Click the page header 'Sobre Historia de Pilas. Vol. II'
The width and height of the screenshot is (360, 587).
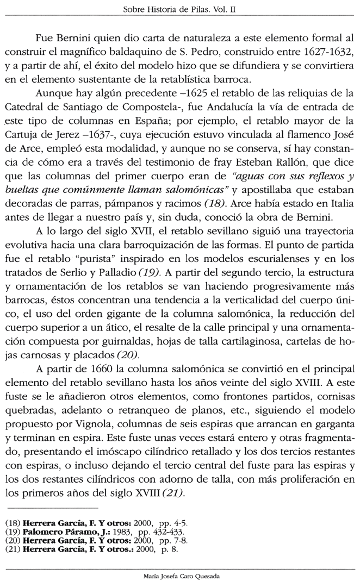click(x=179, y=10)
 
